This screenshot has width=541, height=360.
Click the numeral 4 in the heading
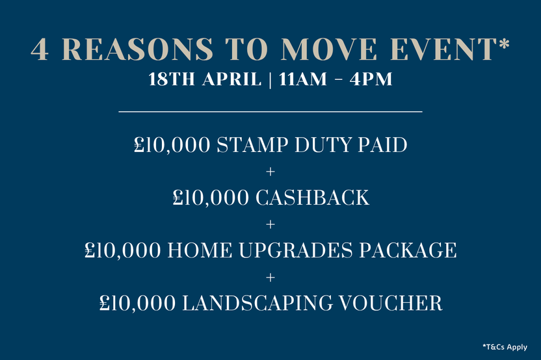click(40, 50)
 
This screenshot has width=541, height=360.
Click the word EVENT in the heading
click(443, 50)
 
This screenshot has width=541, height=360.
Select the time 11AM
click(304, 81)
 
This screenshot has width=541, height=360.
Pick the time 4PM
click(370, 81)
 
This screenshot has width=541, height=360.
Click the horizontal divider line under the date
click(270, 112)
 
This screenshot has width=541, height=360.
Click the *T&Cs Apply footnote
click(505, 347)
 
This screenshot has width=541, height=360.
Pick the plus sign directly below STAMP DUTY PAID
click(270, 172)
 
